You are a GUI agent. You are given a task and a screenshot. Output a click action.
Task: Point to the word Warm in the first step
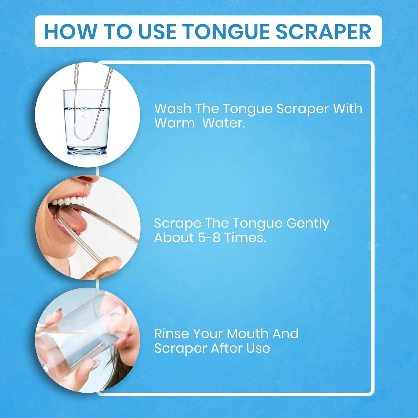point(174,123)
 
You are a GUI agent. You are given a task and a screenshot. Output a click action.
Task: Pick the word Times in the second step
point(245,237)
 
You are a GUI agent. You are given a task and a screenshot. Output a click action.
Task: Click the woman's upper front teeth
point(70,201)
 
